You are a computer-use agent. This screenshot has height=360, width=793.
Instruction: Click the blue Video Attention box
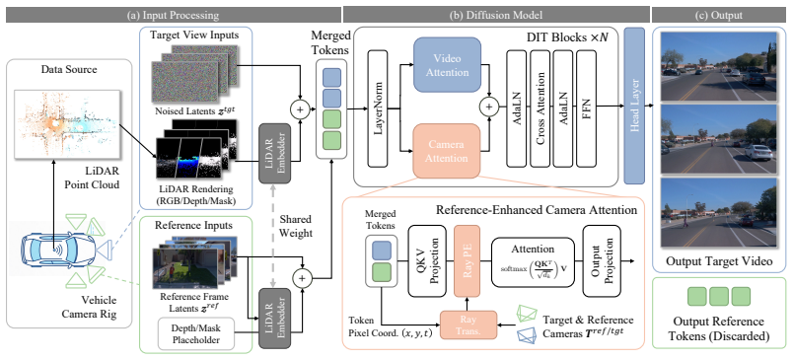(448, 65)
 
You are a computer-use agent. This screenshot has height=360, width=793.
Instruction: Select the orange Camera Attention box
(447, 151)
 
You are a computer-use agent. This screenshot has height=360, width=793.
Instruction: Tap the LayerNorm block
(382, 108)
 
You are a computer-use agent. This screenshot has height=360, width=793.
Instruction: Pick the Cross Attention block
(540, 108)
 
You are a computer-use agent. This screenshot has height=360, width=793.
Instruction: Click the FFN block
(587, 108)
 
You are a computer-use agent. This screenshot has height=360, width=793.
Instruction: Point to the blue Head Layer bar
(634, 106)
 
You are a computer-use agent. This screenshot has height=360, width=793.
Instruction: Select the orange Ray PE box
(467, 261)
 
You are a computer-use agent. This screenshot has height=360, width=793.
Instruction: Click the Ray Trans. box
(467, 324)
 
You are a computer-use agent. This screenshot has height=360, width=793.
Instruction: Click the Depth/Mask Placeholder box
(195, 333)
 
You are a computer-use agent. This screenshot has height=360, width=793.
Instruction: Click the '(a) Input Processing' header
(172, 16)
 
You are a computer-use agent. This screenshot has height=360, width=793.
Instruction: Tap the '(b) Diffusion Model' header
(495, 16)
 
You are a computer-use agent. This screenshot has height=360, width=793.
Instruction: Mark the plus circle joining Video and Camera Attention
(489, 107)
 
